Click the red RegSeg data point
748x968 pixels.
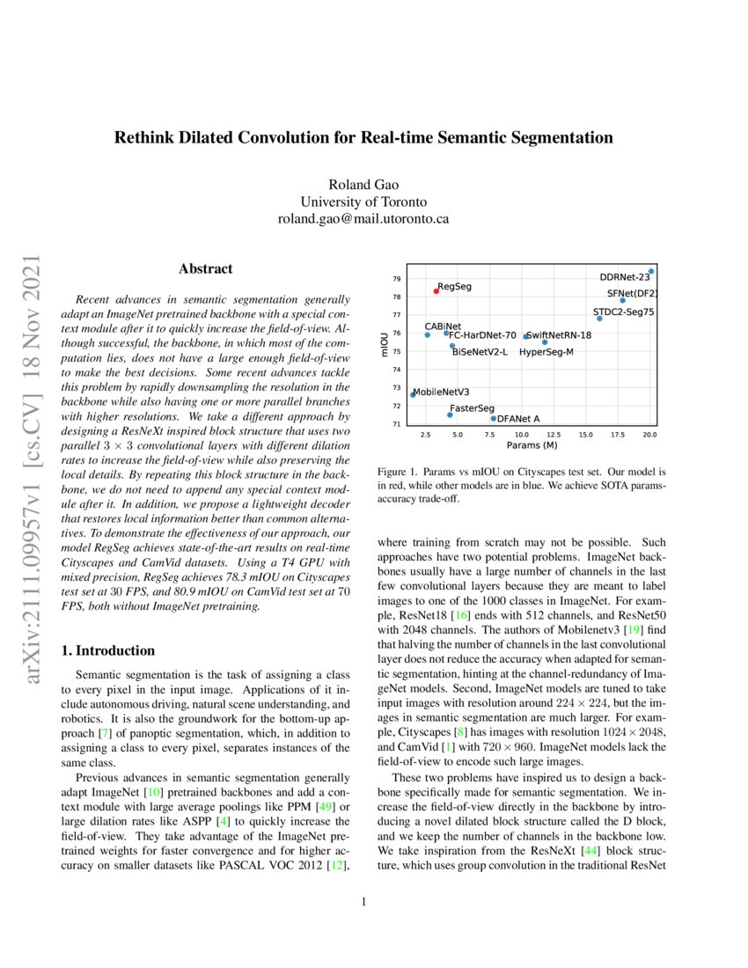[436, 290]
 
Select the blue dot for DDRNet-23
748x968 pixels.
[650, 272]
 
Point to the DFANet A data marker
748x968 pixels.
[494, 419]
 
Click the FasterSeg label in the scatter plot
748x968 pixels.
[472, 409]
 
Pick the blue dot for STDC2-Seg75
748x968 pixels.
[600, 319]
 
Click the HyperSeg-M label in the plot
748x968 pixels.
[546, 352]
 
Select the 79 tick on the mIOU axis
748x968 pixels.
[397, 279]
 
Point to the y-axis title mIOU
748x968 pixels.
[384, 344]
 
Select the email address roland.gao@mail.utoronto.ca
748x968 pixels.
[363, 217]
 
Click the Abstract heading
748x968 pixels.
[205, 268]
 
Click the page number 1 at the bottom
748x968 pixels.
[363, 902]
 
